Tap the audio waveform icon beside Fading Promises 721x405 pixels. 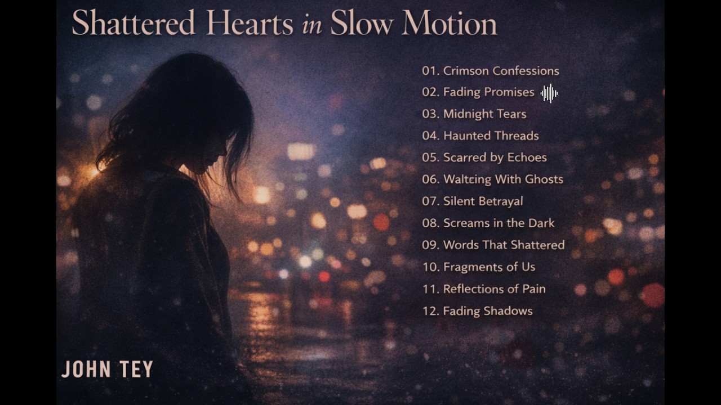click(549, 93)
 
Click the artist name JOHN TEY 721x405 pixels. click(107, 370)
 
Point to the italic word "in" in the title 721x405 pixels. click(311, 26)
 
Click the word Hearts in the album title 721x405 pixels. click(250, 24)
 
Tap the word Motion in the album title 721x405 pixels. click(449, 24)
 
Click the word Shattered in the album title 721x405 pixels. click(133, 24)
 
